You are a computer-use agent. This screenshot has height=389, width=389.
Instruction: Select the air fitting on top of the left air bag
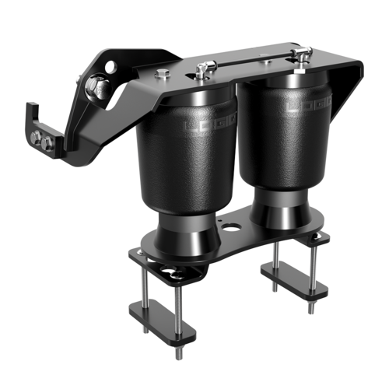pyautogui.click(x=204, y=71)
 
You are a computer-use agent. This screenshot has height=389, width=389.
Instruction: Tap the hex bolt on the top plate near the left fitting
pyautogui.click(x=163, y=75)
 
